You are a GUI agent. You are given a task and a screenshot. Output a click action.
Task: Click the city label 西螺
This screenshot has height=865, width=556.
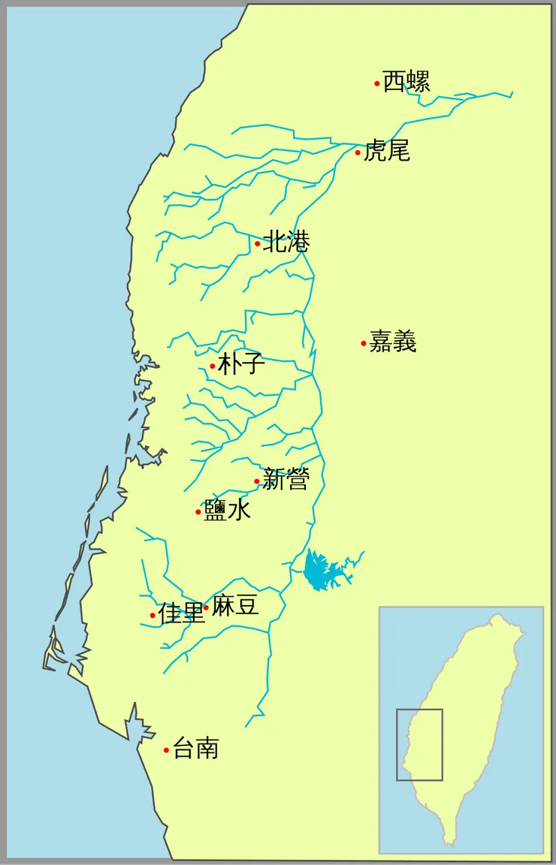pos(406,81)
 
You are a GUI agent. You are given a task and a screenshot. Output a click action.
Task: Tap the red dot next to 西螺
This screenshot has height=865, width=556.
pos(377,83)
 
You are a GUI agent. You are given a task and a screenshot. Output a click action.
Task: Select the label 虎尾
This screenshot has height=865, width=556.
pos(387,151)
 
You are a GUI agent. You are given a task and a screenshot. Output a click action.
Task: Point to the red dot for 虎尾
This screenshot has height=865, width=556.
pos(358,153)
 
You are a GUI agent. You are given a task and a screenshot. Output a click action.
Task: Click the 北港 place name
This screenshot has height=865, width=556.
pos(286,242)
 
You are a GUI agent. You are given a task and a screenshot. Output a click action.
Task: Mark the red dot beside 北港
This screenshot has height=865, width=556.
pos(258,243)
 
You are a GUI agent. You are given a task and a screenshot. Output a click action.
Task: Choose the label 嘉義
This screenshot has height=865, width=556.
pos(393,342)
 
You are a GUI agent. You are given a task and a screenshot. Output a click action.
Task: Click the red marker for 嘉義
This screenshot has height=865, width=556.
pos(364,344)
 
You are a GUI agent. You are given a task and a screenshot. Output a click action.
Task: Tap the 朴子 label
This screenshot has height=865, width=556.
pos(241,364)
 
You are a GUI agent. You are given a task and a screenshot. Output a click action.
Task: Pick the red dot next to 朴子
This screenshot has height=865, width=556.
pos(213,366)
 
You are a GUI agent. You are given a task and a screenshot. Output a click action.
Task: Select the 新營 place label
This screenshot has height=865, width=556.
pos(286,480)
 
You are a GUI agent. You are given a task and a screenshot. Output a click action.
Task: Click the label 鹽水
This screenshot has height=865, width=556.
pos(227,511)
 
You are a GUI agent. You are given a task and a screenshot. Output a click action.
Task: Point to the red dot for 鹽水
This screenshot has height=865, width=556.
pos(198,512)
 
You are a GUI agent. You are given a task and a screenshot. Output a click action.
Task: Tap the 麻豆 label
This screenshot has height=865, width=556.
pos(235,605)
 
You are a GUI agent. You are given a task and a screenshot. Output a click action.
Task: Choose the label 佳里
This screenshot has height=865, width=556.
pos(181,613)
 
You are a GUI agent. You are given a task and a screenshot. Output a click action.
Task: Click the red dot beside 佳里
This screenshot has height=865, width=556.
pos(153,616)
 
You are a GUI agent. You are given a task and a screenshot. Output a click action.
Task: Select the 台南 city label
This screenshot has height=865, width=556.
pos(195,748)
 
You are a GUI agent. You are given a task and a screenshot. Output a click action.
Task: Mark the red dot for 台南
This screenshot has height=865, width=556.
pos(166,749)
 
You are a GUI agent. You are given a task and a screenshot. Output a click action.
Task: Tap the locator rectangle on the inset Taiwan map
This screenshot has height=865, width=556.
pos(419,744)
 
